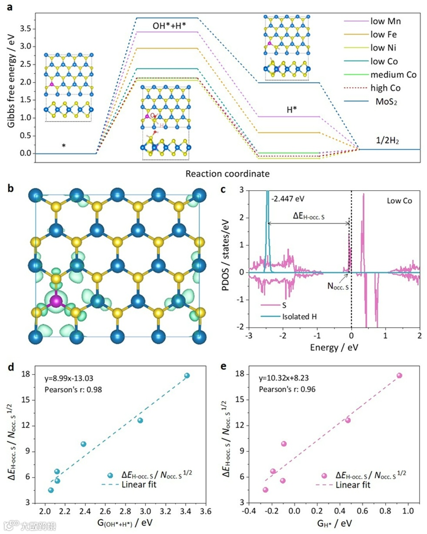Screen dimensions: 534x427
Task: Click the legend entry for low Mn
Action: (383, 21)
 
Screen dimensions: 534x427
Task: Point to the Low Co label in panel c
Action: (399, 201)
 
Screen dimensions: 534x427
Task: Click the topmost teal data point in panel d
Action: (187, 376)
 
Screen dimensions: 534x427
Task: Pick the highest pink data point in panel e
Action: (399, 376)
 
